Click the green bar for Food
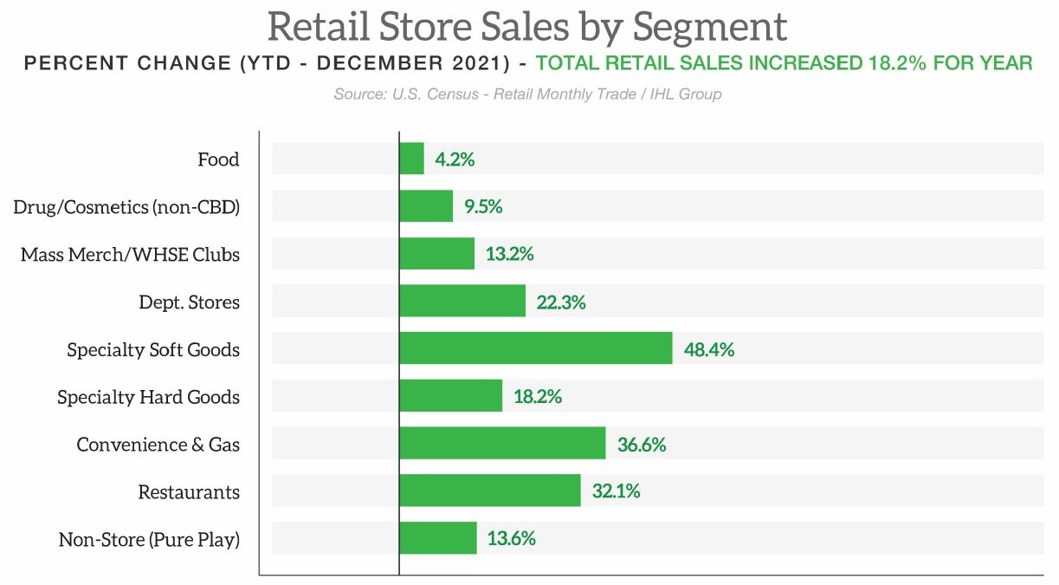[411, 159]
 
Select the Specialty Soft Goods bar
[535, 349]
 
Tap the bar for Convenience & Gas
[502, 444]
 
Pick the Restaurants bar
[489, 491]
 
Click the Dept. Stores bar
[462, 302]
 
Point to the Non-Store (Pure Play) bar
[437, 538]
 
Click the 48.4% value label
[708, 350]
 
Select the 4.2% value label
[455, 159]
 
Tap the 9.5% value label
[482, 207]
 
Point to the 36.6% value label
[642, 445]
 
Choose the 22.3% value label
[561, 302]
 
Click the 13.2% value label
[509, 255]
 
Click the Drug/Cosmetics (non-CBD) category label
[126, 207]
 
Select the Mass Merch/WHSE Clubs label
[130, 255]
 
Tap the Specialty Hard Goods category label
[148, 397]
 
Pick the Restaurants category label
[189, 492]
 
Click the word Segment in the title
[710, 26]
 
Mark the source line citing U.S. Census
[527, 94]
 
